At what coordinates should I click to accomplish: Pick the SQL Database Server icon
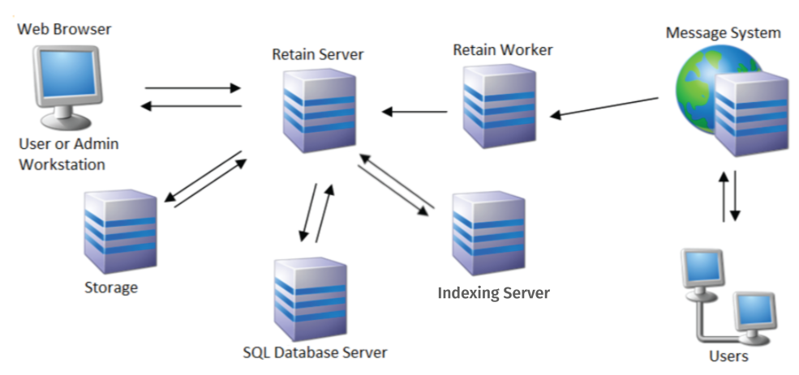coord(311,300)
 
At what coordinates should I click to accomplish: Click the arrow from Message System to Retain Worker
coord(604,109)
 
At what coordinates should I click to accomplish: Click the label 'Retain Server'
coord(318,55)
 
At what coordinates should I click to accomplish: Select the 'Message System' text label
coord(724,33)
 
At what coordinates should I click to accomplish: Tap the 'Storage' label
coord(111,288)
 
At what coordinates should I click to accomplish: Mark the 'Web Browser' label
coord(65,30)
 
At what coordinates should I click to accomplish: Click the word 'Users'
coord(728,356)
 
